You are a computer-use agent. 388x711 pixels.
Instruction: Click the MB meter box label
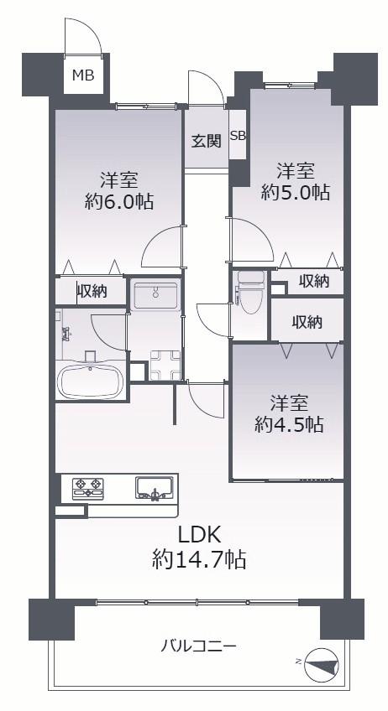[83, 75]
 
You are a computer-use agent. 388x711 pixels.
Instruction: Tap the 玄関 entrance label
[206, 141]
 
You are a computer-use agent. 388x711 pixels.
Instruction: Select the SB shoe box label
[238, 136]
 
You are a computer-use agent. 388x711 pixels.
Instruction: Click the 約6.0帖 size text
[119, 201]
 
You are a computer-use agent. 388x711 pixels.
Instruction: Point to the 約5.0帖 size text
[296, 193]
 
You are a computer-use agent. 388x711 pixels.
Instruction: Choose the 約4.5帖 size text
[289, 425]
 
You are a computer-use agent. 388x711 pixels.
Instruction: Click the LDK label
[199, 536]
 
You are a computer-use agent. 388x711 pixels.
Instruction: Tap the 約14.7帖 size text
[199, 559]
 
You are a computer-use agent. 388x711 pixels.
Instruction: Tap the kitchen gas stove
[88, 489]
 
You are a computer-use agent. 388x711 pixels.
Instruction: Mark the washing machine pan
[163, 366]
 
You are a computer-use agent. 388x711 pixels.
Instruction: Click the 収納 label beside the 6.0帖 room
[92, 291]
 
